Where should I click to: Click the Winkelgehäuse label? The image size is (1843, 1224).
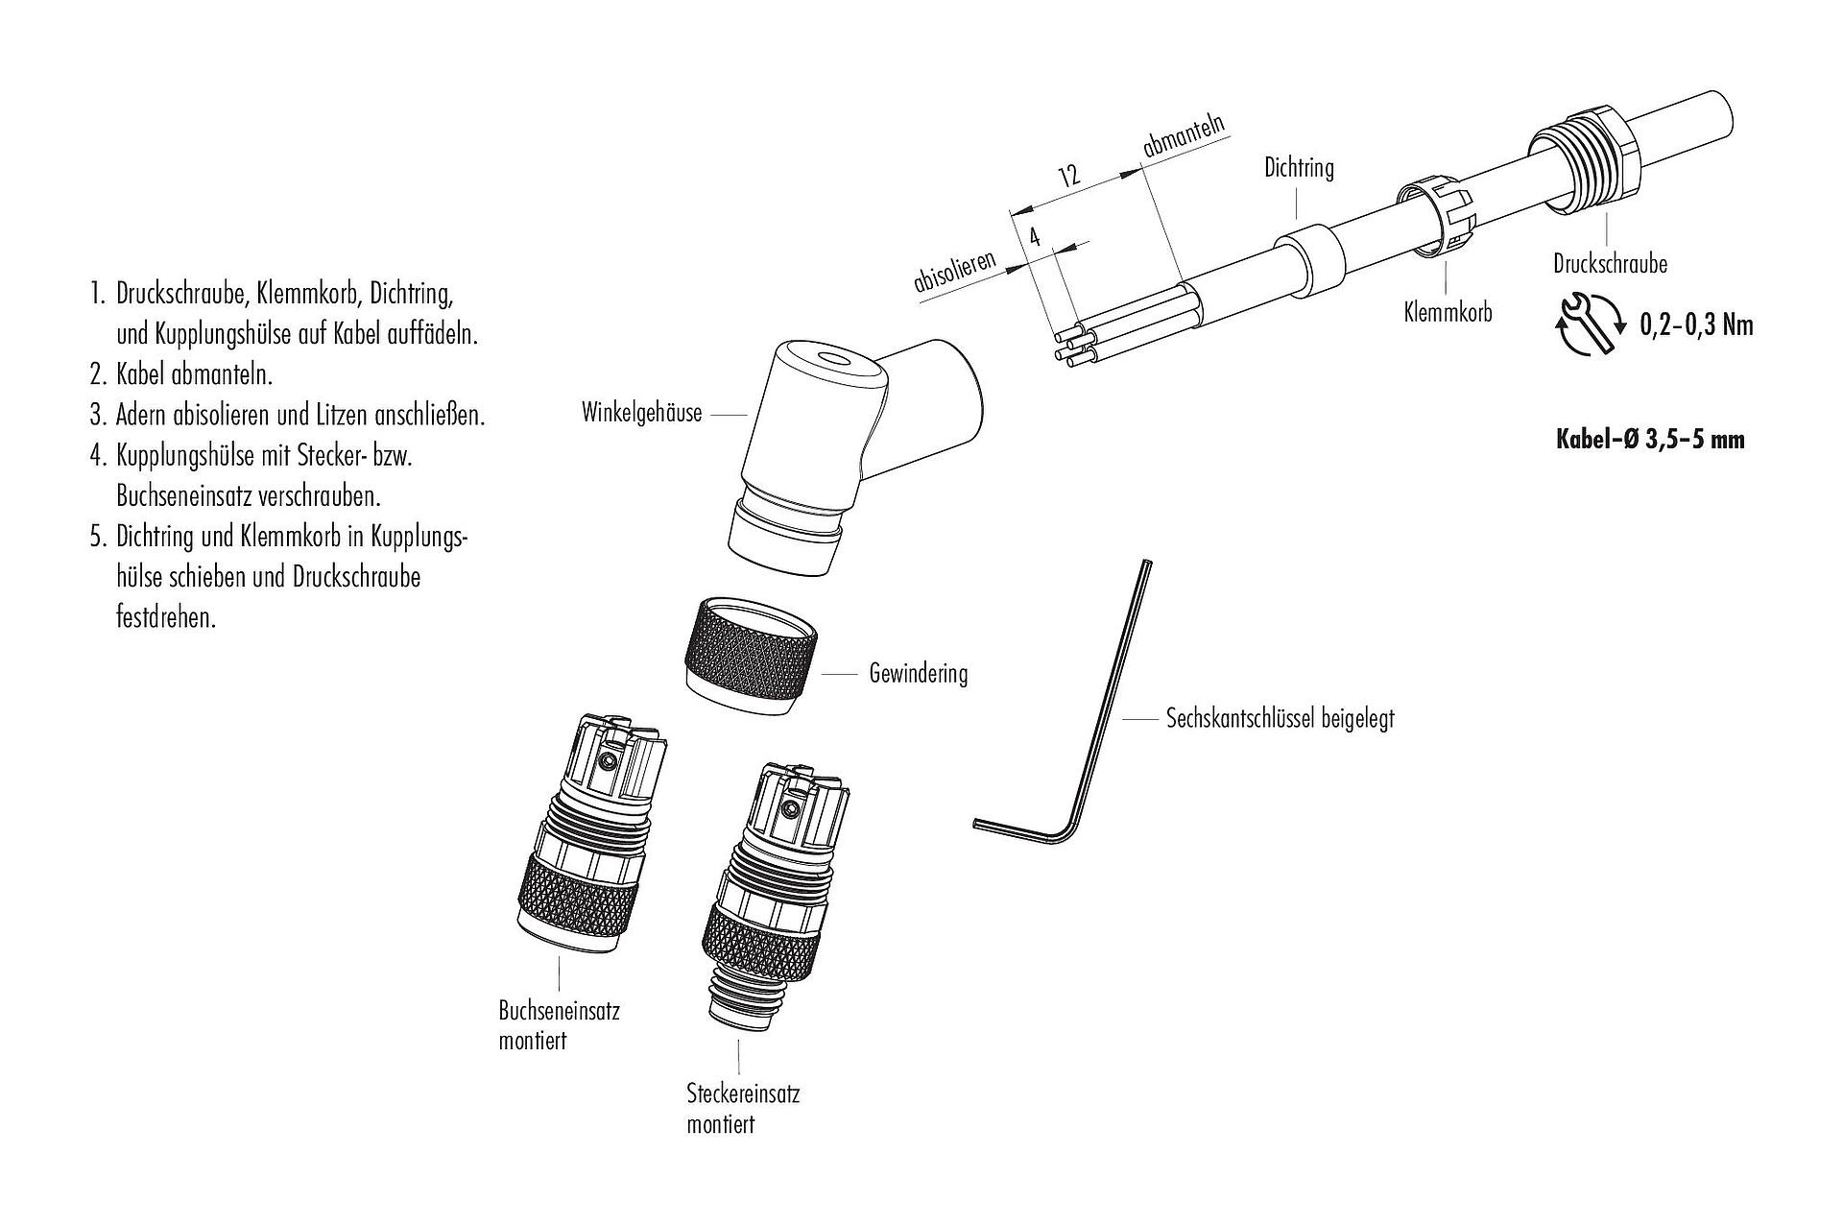pos(641,414)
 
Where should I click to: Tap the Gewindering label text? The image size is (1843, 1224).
pos(918,674)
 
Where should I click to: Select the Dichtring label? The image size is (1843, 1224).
pos(1299,169)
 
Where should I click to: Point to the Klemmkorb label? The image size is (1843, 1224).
pos(1448,312)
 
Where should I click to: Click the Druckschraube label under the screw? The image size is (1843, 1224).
pos(1610,264)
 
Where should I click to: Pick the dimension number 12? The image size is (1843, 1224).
pos(1068,176)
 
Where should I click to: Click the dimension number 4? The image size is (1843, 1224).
pos(1035,237)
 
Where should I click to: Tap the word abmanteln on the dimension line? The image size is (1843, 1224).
pos(1185,136)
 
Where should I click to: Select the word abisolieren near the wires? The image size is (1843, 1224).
pos(955,272)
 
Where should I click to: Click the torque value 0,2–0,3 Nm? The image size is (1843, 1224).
pos(1696,325)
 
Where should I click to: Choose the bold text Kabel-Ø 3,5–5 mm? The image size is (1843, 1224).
pos(1649,440)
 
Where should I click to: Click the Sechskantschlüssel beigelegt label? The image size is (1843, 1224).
pos(1280,718)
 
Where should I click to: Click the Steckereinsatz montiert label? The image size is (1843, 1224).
pos(742,1108)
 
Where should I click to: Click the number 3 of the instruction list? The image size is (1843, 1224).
pos(96,416)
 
